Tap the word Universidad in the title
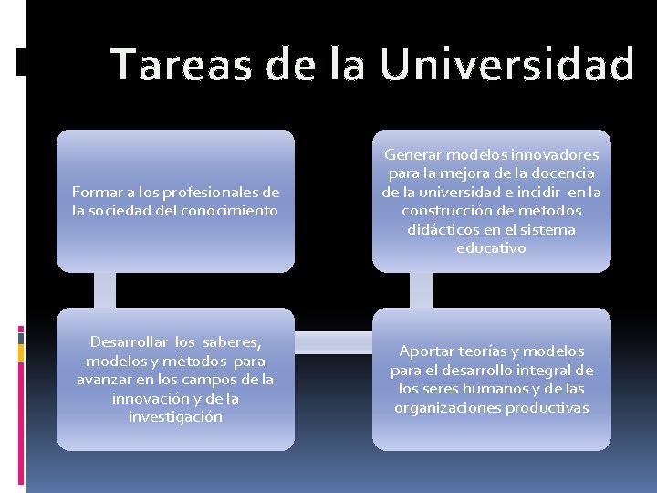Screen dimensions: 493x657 [x=507, y=66]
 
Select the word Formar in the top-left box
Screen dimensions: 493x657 [x=93, y=192]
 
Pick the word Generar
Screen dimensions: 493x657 [x=414, y=154]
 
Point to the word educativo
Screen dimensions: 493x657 [x=491, y=247]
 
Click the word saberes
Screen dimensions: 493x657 [x=232, y=341]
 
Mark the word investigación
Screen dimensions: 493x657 [x=175, y=416]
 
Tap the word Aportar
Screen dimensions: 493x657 [x=427, y=351]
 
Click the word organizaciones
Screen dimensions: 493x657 [x=449, y=407]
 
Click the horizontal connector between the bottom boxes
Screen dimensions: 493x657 [x=333, y=342]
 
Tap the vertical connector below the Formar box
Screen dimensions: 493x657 [x=105, y=290]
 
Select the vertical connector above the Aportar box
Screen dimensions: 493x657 [x=421, y=290]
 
